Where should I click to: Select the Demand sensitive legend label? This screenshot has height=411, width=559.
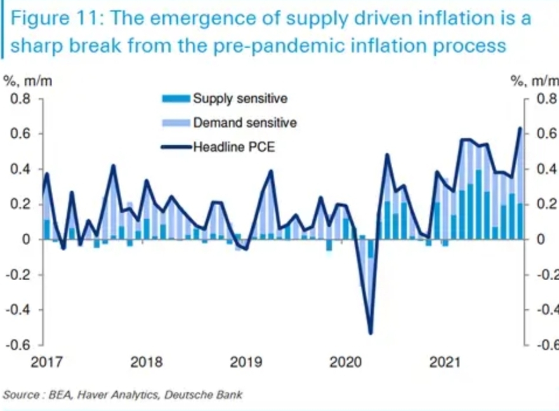coord(244,123)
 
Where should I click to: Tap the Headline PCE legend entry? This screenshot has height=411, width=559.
coord(234,147)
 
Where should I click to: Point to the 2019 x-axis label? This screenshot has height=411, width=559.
coord(246,363)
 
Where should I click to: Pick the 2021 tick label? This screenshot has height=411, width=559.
coord(444,363)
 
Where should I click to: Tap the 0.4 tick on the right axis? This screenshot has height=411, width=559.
coord(546,170)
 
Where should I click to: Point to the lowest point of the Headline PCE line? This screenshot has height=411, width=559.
coord(371,332)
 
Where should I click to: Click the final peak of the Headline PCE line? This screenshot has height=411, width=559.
coord(520,128)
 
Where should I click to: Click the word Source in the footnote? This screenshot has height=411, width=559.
coord(20,394)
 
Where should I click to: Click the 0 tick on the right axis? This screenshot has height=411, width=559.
coord(541,240)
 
